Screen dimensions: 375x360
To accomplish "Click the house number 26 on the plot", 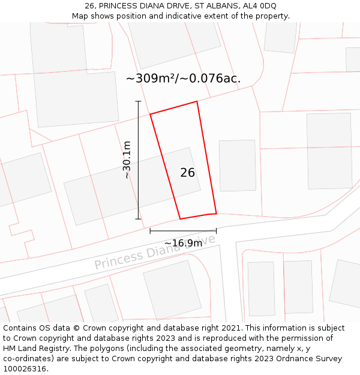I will tap(187, 173).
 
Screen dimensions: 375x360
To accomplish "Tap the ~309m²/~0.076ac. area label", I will tap(183, 79).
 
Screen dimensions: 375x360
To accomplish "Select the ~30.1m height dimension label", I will tap(127, 160).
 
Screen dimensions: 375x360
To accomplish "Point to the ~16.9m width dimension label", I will tap(183, 243).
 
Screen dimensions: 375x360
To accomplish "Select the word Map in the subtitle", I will tap(80, 16).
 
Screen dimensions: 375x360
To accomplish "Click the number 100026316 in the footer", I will tap(24, 369).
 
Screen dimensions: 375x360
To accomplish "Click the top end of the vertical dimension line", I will tap(139, 101).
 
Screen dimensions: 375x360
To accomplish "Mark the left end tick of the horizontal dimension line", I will tap(150, 230).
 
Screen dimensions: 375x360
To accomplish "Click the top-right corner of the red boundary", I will tap(197, 101).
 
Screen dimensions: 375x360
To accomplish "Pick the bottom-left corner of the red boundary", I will tap(180, 219).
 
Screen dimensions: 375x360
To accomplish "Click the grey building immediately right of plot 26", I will tap(238, 166).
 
